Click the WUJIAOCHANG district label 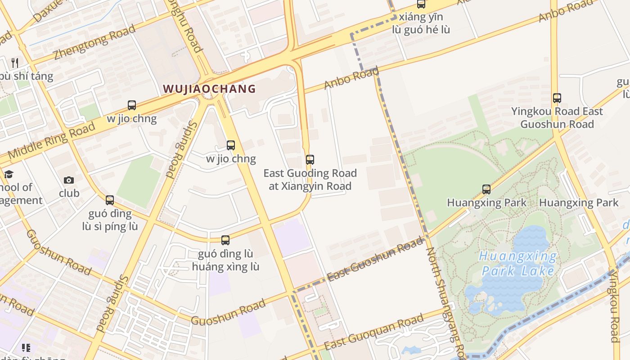[209, 89]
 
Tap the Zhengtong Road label [94, 42]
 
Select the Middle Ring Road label [52, 140]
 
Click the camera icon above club [69, 180]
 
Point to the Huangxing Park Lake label [517, 264]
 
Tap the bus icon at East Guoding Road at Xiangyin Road [310, 159]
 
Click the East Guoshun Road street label [375, 260]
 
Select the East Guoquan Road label [373, 333]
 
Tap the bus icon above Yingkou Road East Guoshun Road [557, 98]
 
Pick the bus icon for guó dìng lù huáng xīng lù [225, 240]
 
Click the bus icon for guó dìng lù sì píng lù [110, 200]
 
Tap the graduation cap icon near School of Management [9, 174]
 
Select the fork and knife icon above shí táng [15, 63]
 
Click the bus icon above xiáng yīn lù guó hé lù [421, 4]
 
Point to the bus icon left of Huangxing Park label [486, 189]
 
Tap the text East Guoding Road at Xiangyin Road [310, 180]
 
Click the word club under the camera [69, 193]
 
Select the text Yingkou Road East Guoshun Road [557, 117]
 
